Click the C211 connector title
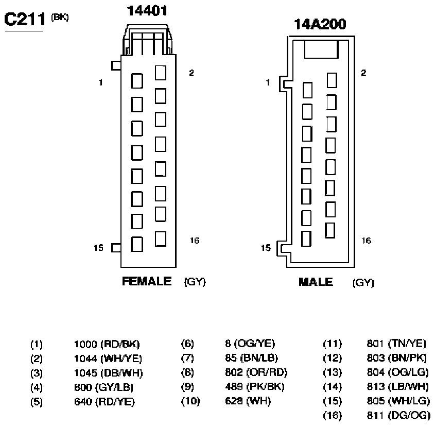(24, 20)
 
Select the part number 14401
(147, 11)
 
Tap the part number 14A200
(320, 24)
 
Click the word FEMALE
(147, 281)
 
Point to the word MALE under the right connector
(316, 282)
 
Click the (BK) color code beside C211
(60, 17)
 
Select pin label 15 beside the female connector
(98, 248)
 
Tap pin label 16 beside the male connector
(366, 241)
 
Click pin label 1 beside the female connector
(100, 82)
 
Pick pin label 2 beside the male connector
(363, 73)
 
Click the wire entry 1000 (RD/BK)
(107, 344)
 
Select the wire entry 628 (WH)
(248, 401)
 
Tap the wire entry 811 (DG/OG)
(398, 416)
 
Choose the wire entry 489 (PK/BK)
(255, 386)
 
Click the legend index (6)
(187, 344)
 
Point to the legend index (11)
(333, 344)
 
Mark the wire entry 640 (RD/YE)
(105, 402)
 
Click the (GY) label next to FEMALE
(195, 282)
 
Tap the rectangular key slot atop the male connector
(321, 49)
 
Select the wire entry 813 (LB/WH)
(398, 386)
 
